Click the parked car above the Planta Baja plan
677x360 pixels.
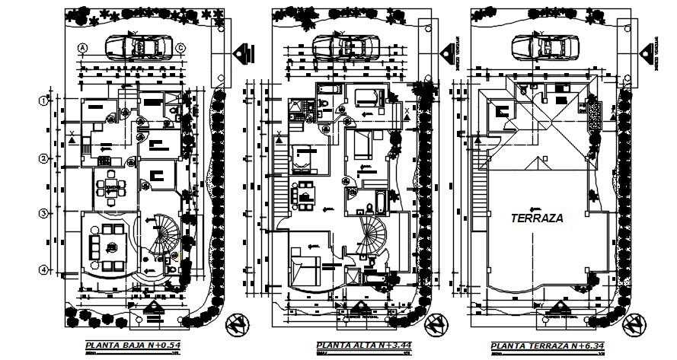click(138, 48)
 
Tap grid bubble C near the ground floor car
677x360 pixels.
click(181, 49)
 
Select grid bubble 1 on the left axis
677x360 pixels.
click(44, 100)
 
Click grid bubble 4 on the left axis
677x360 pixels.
click(44, 269)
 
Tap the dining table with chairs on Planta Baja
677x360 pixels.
click(111, 186)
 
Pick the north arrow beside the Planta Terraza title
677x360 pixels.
click(631, 327)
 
